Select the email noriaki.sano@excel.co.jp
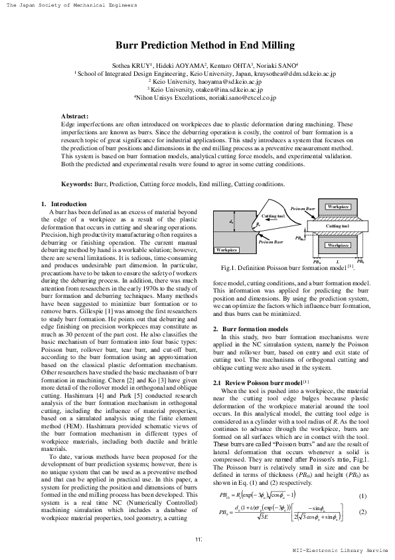pyautogui.click(x=244, y=97)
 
